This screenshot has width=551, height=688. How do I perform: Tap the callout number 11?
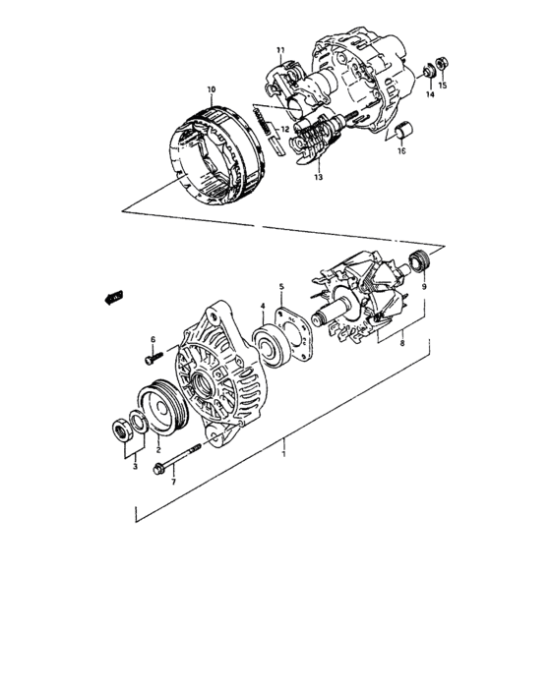pyautogui.click(x=279, y=50)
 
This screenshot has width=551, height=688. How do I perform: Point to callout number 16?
pyautogui.click(x=400, y=152)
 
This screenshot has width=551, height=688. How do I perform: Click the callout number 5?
pyautogui.click(x=280, y=286)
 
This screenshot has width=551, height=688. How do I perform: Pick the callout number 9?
pyautogui.click(x=423, y=286)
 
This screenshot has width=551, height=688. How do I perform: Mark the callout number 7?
pyautogui.click(x=171, y=483)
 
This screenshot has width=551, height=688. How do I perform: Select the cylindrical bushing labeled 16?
pyautogui.click(x=402, y=132)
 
